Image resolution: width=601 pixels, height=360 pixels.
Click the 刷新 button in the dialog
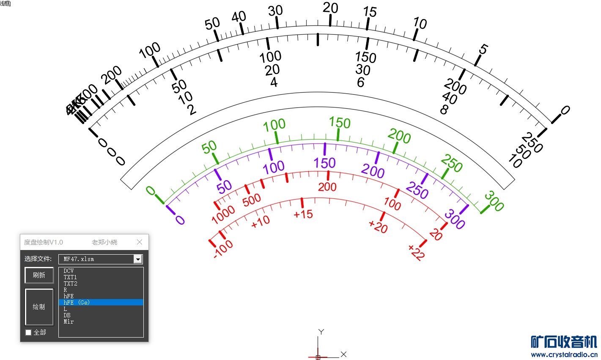tap(39, 275)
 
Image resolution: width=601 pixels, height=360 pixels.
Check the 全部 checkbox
tap(28, 333)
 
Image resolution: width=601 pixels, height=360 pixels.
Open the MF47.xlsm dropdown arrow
tap(138, 259)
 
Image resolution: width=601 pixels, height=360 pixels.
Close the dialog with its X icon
tap(140, 242)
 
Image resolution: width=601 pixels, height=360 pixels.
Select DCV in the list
tap(69, 271)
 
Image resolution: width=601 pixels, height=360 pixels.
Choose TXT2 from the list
tap(70, 283)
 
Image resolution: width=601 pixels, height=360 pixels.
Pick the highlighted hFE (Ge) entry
tap(77, 302)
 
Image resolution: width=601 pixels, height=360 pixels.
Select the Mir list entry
tap(69, 322)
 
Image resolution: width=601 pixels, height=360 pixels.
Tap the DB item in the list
tap(67, 315)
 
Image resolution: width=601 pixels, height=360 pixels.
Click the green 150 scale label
tap(340, 123)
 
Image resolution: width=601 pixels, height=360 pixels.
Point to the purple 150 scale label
tap(324, 163)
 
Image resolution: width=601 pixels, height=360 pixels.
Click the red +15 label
tap(303, 214)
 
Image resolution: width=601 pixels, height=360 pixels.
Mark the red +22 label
tap(416, 253)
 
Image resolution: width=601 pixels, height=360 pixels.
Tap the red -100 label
tap(223, 249)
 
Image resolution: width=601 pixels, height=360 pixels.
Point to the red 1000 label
tap(223, 214)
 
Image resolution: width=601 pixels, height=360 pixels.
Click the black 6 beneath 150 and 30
tap(360, 82)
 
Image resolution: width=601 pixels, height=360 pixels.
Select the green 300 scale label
tap(494, 201)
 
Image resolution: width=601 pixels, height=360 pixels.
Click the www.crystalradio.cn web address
tap(564, 355)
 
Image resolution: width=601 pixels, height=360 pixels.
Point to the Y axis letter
tap(321, 332)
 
